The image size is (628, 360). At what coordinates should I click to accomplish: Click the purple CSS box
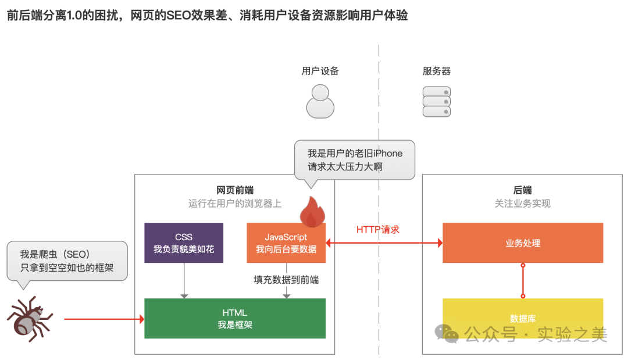tap(184, 243)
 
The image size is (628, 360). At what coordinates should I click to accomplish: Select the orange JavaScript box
tap(286, 244)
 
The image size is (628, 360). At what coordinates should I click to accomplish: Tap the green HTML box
tap(235, 318)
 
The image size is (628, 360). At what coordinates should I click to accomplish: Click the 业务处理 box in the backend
tap(523, 243)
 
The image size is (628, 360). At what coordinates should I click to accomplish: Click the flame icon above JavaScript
tap(312, 212)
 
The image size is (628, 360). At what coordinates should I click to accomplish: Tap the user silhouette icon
tap(320, 102)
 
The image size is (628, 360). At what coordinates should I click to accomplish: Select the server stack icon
tap(437, 101)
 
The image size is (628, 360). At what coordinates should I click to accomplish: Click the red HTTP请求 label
tap(378, 230)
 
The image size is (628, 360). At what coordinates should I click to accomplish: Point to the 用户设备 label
tap(320, 72)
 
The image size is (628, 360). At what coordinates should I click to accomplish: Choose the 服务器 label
tap(437, 72)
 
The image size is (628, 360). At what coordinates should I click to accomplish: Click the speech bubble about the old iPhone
tap(355, 160)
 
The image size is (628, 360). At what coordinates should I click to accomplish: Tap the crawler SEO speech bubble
tap(67, 261)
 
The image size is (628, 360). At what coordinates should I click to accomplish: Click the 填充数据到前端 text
tap(286, 280)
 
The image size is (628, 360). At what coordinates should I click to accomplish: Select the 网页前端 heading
tap(235, 190)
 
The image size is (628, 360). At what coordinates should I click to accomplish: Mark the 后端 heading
tap(523, 190)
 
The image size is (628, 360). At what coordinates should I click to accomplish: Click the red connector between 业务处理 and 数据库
tap(523, 280)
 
